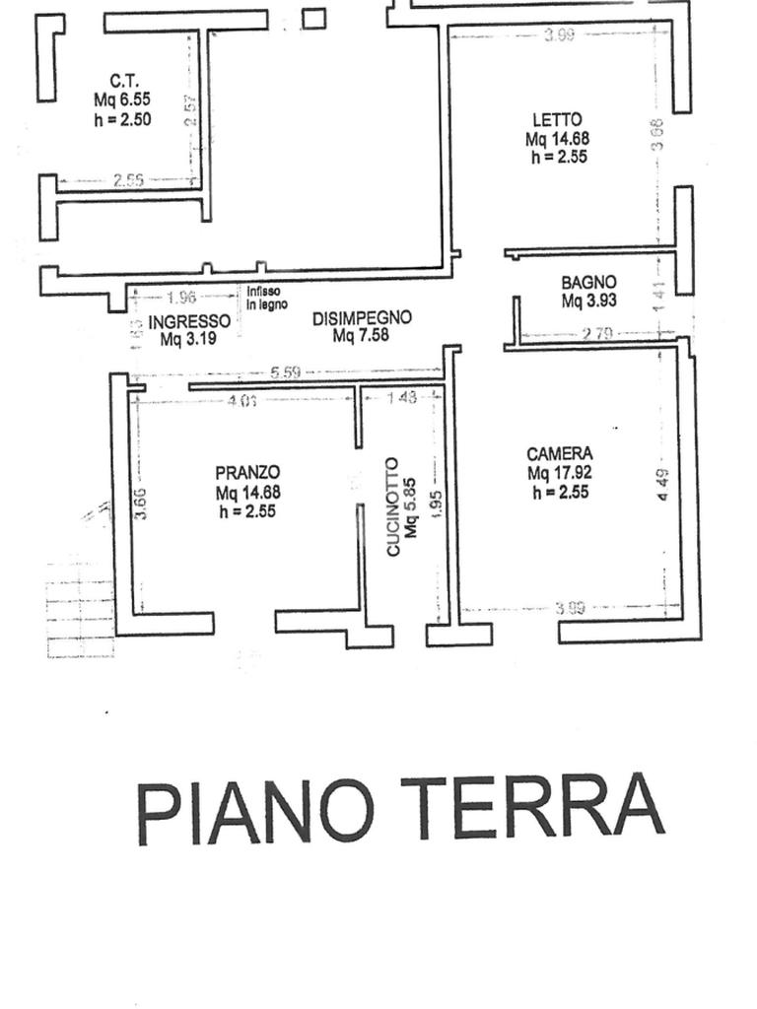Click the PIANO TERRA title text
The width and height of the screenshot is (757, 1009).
pyautogui.click(x=399, y=809)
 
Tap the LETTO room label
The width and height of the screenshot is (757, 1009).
pyautogui.click(x=557, y=121)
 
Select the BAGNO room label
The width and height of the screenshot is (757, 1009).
pyautogui.click(x=589, y=283)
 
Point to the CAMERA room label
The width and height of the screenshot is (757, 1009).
pyautogui.click(x=560, y=454)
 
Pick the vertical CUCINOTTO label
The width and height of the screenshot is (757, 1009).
pyautogui.click(x=393, y=506)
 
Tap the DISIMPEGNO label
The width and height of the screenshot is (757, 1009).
pyautogui.click(x=362, y=318)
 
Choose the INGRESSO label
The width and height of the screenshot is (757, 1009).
pyautogui.click(x=189, y=321)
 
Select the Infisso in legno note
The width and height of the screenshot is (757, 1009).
pyautogui.click(x=267, y=298)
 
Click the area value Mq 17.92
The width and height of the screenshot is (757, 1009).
pyautogui.click(x=560, y=473)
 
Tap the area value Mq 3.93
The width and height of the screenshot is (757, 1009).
pyautogui.click(x=589, y=302)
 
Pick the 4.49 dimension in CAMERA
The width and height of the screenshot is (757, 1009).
pyautogui.click(x=663, y=485)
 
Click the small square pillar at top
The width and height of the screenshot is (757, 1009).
pyautogui.click(x=313, y=19)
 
